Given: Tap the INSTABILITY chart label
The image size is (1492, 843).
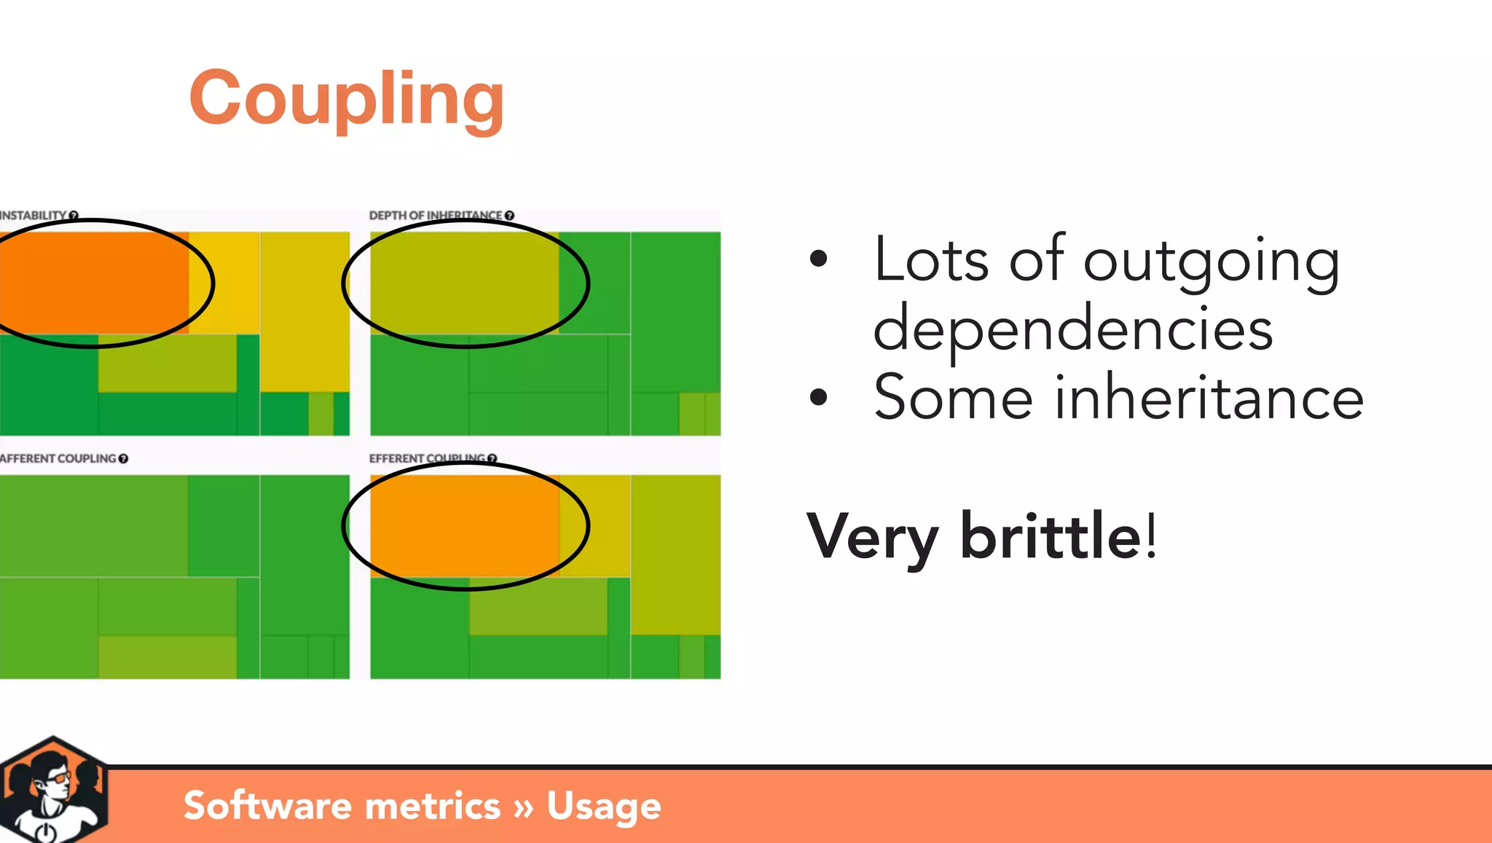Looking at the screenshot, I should [x=34, y=216].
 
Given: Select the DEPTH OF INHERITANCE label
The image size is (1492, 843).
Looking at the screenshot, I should [x=435, y=216].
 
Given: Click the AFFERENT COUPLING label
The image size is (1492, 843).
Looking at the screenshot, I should [x=58, y=458].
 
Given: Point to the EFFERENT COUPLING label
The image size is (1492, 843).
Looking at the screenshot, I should [x=426, y=458].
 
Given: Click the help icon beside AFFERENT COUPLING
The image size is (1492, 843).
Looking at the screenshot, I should [x=123, y=458].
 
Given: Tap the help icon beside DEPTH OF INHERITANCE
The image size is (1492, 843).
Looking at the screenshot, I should [x=509, y=216].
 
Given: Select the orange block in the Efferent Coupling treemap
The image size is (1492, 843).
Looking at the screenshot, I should [x=464, y=525].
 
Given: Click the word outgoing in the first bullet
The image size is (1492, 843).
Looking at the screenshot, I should [x=1211, y=261].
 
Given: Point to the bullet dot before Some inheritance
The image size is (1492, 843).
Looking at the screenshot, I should [x=819, y=398].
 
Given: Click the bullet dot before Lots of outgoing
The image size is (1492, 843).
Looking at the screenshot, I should [x=819, y=259].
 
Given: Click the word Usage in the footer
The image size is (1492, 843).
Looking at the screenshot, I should [x=603, y=806].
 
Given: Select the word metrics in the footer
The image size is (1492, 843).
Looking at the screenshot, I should [x=432, y=806].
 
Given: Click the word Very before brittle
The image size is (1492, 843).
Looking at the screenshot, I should [x=873, y=537].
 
